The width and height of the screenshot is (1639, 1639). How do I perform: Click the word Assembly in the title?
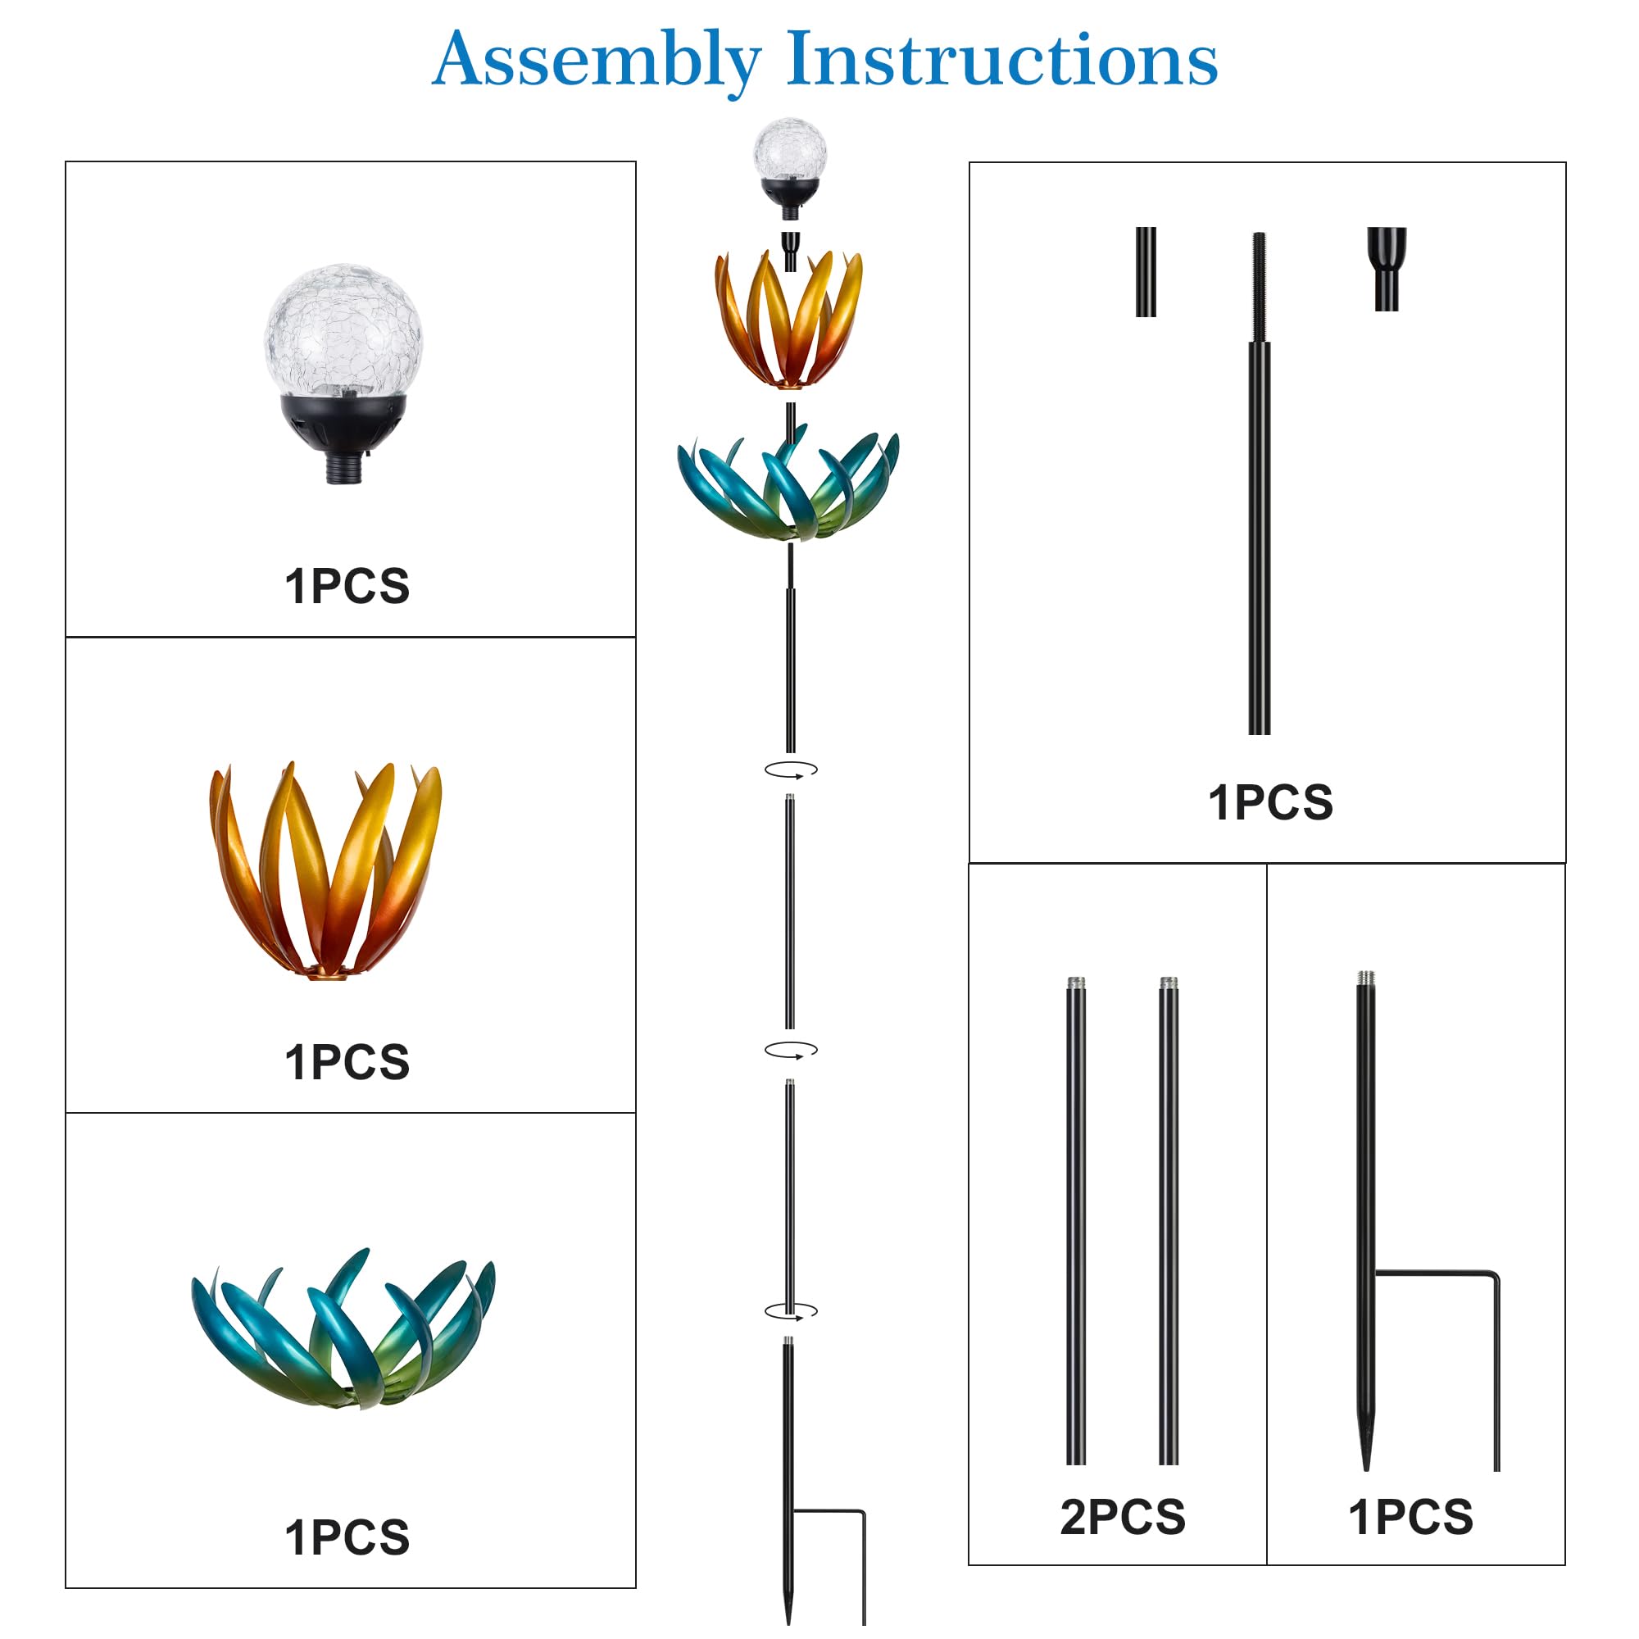(597, 62)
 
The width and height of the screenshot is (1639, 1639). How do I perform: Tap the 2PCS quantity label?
(1123, 1518)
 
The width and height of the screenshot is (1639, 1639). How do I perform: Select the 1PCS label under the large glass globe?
(347, 586)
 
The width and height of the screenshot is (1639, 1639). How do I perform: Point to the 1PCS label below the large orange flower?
(347, 1062)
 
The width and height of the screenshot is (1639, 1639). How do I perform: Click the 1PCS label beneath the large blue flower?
(347, 1538)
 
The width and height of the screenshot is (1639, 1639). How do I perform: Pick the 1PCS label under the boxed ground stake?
(1411, 1518)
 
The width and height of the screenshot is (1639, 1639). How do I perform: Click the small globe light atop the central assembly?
(790, 169)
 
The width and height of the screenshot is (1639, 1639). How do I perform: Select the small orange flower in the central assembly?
(788, 320)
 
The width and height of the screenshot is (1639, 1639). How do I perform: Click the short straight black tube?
(1146, 271)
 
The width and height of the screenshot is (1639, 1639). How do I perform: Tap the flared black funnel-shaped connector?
(1387, 268)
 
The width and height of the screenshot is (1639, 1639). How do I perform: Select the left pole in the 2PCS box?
(1076, 1223)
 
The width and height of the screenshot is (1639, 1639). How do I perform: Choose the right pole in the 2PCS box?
(1168, 1223)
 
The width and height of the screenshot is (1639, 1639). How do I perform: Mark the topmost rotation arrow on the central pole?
(791, 770)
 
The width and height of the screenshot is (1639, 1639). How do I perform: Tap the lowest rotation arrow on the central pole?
(791, 1310)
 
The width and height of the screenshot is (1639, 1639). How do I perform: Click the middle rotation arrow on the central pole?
(791, 1050)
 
